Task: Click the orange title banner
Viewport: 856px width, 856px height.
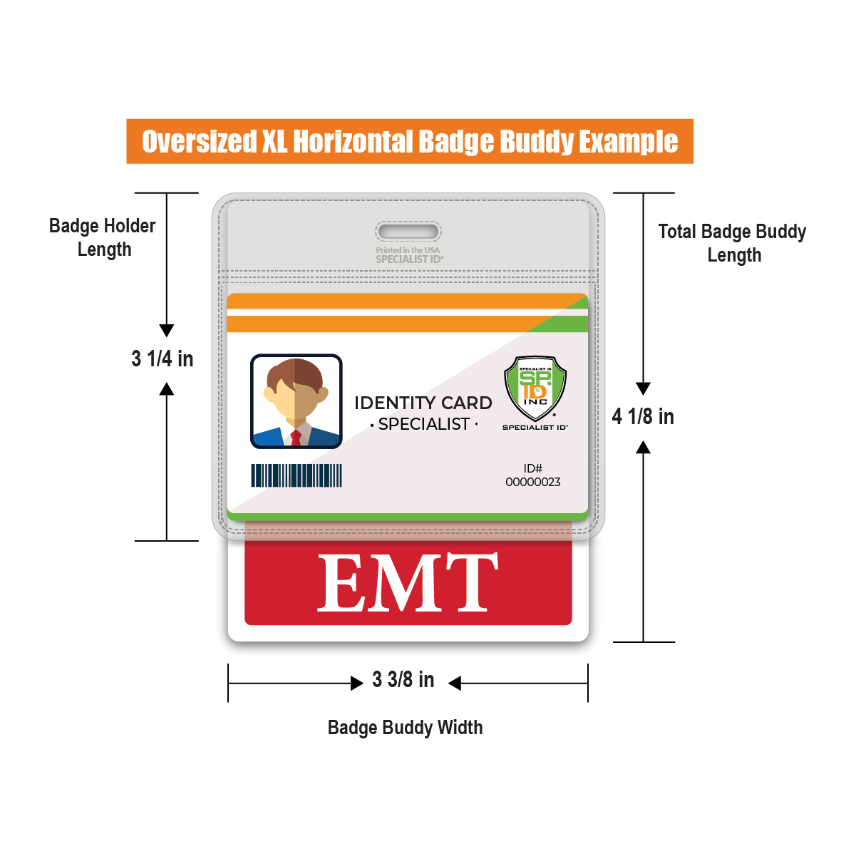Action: tap(410, 141)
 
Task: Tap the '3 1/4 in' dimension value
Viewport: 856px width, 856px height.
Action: tap(163, 359)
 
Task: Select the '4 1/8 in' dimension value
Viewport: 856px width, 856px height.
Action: tap(643, 416)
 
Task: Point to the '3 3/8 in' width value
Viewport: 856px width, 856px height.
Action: tap(403, 680)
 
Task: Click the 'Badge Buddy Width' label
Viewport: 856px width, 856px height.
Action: tap(405, 728)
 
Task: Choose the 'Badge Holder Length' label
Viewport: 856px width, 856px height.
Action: tap(103, 237)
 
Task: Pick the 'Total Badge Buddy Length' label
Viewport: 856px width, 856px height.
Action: tap(732, 243)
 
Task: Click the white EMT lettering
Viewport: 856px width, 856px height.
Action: tap(407, 583)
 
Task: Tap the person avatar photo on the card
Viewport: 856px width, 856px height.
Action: tap(296, 401)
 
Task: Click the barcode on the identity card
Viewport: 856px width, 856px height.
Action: tap(296, 475)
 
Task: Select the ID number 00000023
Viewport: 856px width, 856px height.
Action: tap(533, 483)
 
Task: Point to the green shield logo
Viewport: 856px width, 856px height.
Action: tap(535, 387)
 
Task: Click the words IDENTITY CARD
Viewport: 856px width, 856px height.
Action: tap(423, 403)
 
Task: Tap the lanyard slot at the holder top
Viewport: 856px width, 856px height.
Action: tap(408, 232)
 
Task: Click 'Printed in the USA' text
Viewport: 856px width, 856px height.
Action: tap(408, 250)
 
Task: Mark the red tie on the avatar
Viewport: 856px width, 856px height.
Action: tap(296, 437)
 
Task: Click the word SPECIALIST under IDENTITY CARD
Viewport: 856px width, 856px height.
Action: tap(424, 424)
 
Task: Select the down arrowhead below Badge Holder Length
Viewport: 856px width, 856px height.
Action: tap(167, 330)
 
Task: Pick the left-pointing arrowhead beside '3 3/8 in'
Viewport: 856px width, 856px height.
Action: tap(455, 684)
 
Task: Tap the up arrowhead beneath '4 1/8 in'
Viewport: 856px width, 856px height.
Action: tap(643, 448)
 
